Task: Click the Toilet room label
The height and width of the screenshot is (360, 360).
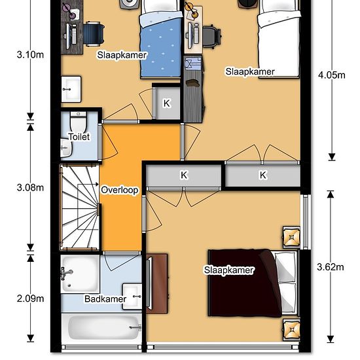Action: [79, 137]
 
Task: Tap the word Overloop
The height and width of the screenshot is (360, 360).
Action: [120, 190]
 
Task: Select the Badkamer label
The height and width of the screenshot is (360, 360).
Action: [105, 298]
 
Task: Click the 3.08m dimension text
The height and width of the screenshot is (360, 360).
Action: [30, 188]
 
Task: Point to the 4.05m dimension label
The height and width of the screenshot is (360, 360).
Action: [332, 75]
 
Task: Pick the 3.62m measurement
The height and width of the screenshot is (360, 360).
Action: [331, 267]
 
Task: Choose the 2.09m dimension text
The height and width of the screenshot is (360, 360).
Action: [30, 298]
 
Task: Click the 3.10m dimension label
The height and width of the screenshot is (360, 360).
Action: [30, 54]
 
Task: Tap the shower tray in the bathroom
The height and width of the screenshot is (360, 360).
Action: [80, 274]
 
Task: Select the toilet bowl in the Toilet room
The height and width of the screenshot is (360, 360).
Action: [78, 123]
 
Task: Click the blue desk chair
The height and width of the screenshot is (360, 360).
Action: [93, 34]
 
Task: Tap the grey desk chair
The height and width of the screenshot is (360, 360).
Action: [211, 36]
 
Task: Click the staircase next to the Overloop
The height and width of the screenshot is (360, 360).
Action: [80, 207]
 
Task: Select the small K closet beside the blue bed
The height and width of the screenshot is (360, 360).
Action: [166, 103]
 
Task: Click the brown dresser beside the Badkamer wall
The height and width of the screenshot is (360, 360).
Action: [157, 283]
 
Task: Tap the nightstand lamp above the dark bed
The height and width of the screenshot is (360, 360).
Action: [291, 237]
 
